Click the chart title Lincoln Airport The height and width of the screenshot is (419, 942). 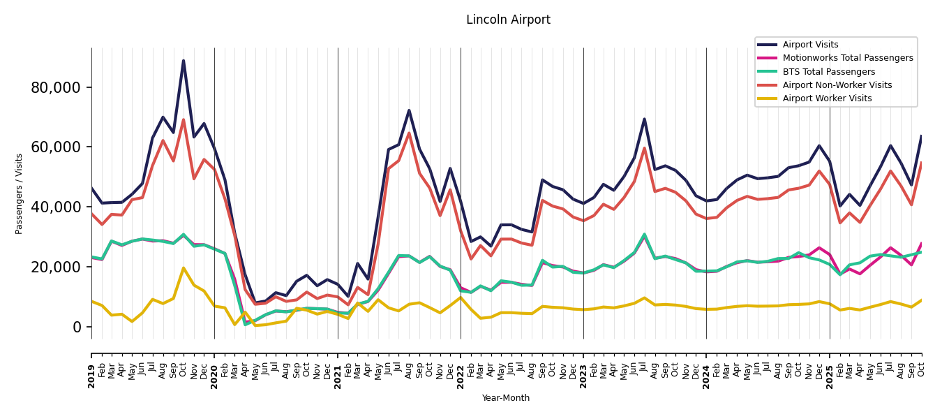(508, 20)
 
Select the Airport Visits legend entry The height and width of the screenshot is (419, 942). (810, 45)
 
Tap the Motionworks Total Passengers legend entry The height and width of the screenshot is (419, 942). (847, 58)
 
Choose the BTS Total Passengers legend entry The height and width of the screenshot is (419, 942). (828, 72)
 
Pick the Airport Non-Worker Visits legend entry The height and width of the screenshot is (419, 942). (837, 85)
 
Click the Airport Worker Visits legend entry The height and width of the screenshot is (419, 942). (827, 98)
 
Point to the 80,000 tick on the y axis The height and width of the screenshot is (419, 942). (61, 87)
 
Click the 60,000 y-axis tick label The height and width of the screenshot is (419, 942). (61, 147)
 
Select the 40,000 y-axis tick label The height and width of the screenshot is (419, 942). (61, 207)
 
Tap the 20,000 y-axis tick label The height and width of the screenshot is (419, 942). (61, 267)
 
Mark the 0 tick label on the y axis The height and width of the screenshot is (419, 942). (77, 328)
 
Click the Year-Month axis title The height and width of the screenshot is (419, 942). (506, 398)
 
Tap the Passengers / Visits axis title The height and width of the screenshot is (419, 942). (20, 193)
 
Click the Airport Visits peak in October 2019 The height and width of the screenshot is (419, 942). (184, 61)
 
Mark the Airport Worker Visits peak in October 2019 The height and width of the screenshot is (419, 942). (184, 268)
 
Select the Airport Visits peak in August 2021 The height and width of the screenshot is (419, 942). (409, 110)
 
